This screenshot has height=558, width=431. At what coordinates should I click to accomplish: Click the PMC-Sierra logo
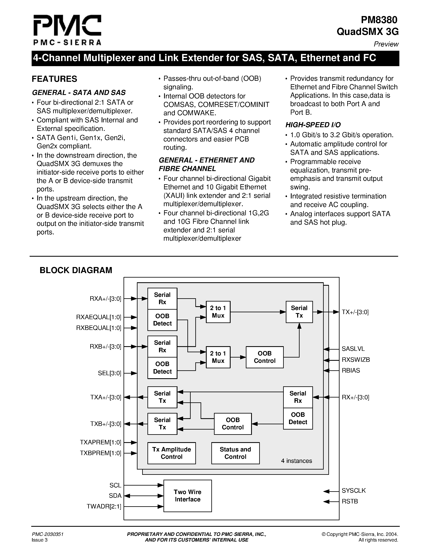67,30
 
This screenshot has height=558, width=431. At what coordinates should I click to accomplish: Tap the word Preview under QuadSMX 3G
386,44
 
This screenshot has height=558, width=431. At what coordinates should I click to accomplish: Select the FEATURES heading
54,79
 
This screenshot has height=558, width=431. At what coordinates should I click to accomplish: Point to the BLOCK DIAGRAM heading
76,270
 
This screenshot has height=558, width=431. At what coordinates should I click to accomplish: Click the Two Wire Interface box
187,496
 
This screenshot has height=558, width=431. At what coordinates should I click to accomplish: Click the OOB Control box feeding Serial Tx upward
264,357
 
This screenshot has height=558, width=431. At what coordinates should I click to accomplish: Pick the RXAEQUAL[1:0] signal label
99,317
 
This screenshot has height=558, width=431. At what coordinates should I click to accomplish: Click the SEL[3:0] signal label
109,373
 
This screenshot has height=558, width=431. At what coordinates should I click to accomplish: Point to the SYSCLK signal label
354,491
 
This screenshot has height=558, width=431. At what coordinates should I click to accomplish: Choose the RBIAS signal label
351,371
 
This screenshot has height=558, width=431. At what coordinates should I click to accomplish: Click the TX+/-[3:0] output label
355,312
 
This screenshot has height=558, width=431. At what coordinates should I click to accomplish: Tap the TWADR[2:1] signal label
104,506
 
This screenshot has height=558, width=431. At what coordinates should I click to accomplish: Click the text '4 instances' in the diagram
297,461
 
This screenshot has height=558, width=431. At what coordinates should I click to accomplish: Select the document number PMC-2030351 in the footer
47,534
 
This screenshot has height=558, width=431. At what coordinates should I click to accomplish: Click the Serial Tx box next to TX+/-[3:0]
299,312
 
